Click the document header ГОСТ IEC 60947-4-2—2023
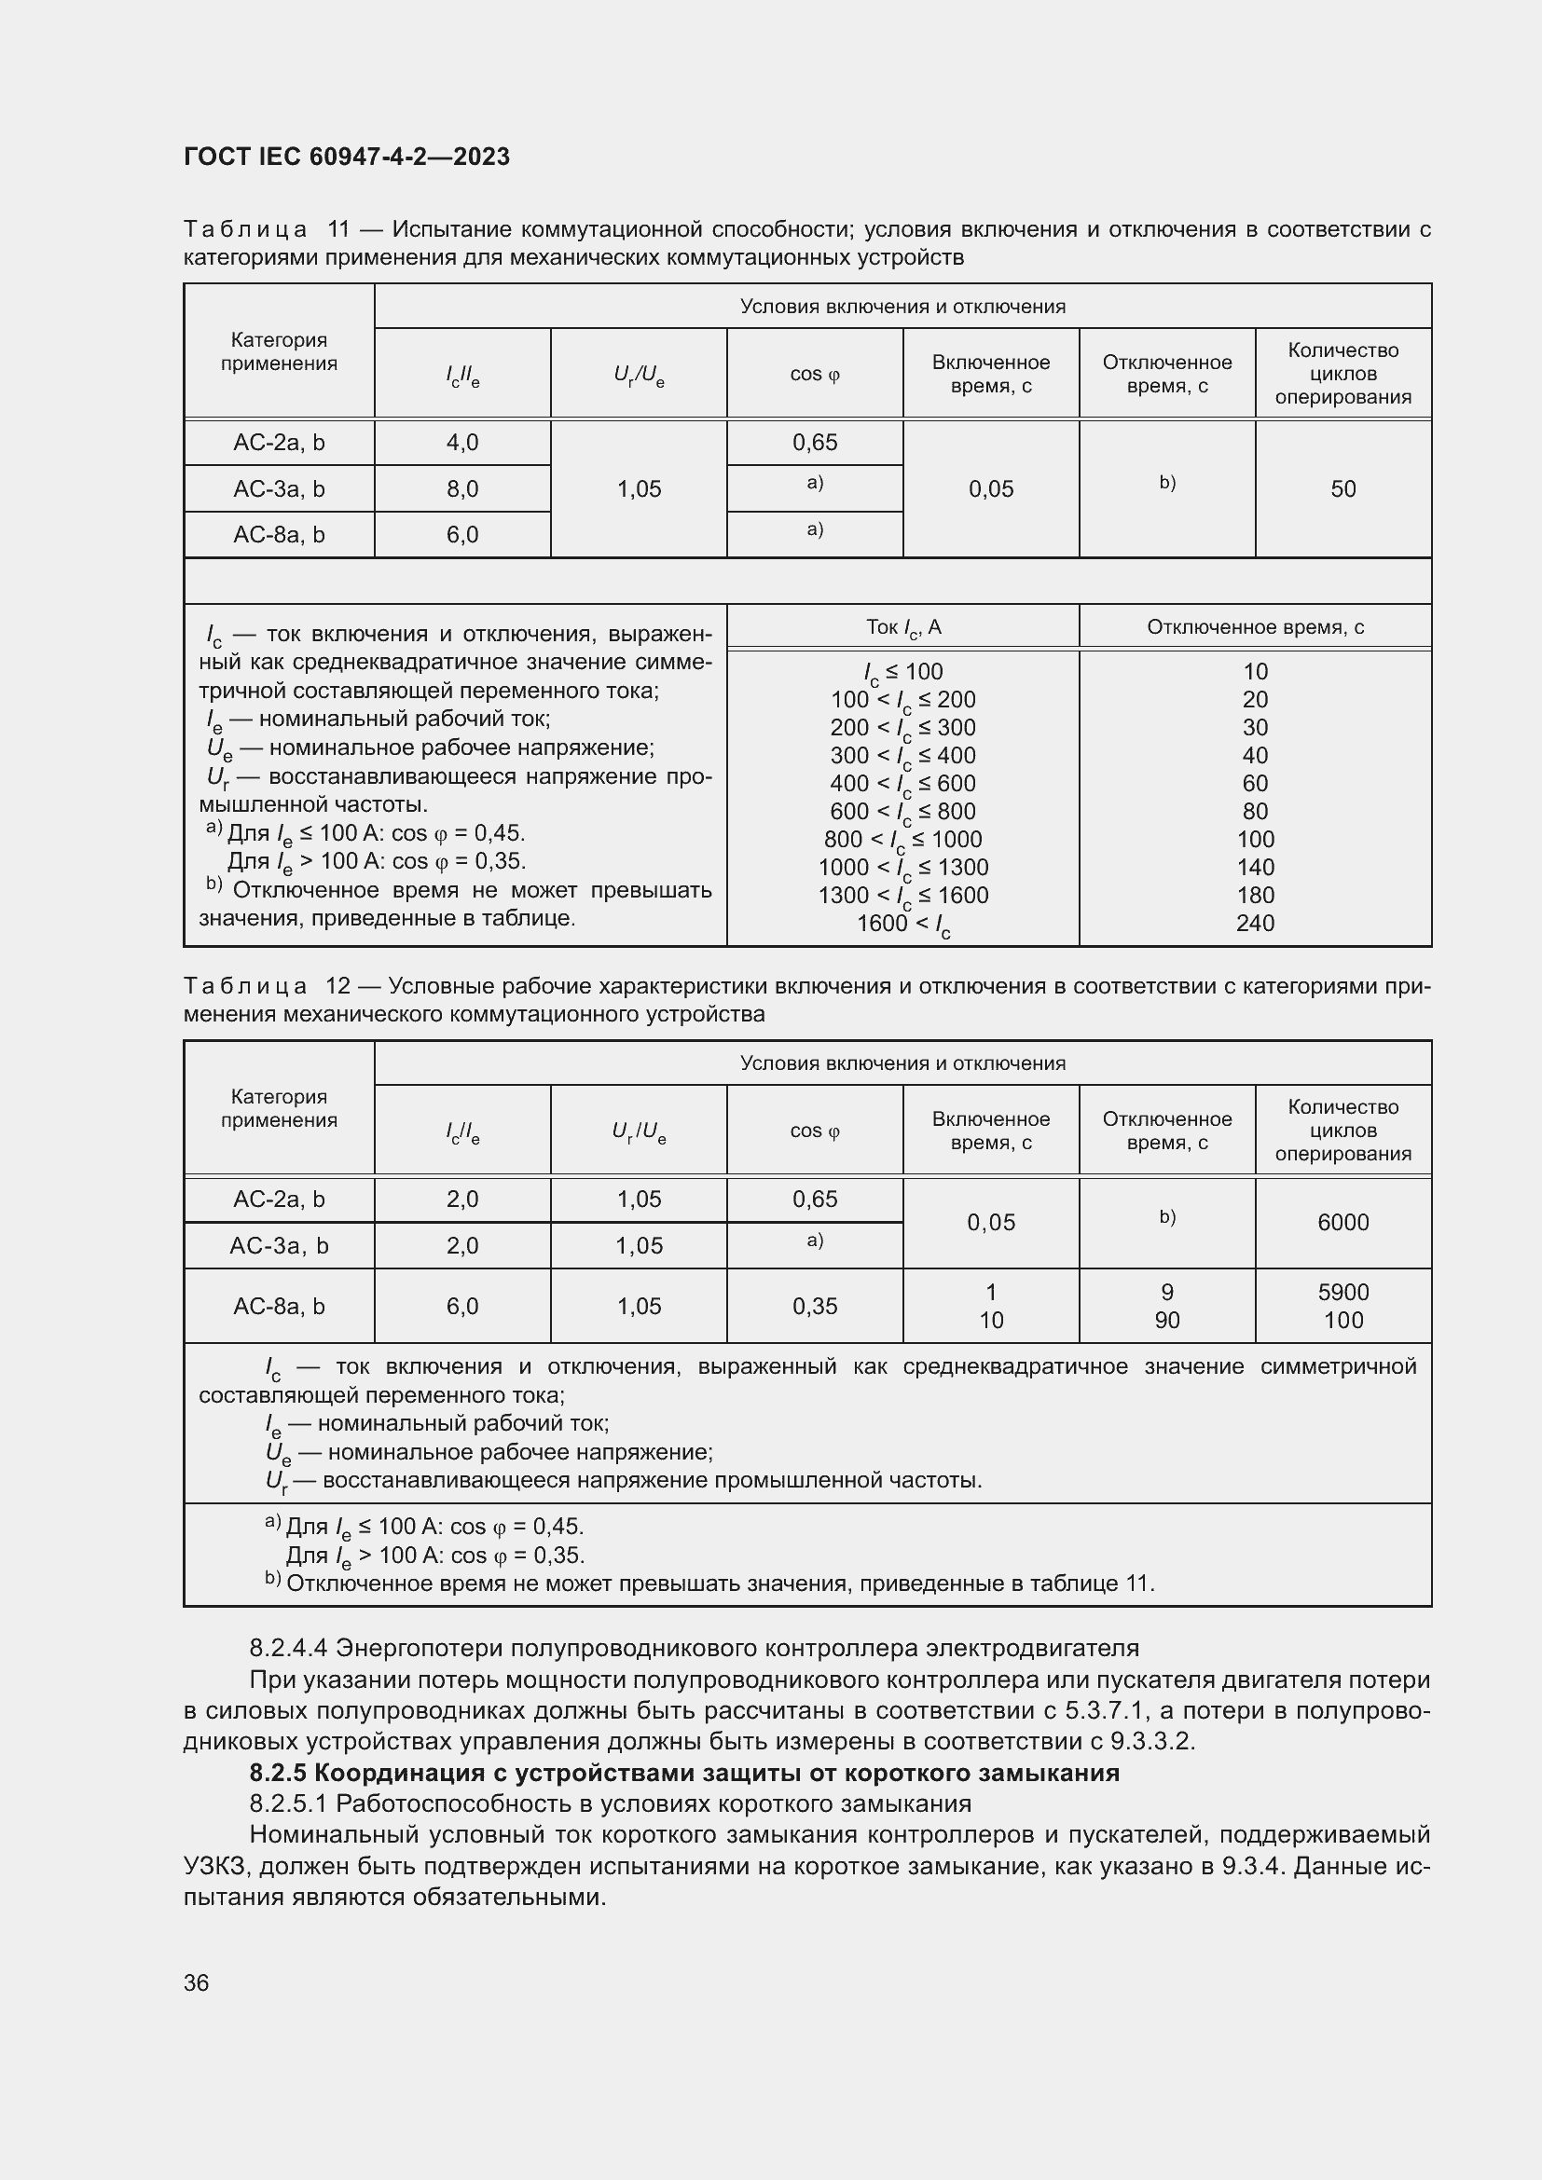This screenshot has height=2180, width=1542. (347, 157)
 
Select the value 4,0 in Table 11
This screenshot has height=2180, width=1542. (462, 443)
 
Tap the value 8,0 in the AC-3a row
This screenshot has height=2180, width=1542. (462, 489)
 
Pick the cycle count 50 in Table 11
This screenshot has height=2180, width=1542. (1342, 489)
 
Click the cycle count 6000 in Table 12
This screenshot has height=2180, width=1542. (1342, 1222)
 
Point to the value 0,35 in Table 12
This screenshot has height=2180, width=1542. (815, 1306)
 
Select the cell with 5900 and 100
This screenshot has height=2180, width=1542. (1342, 1306)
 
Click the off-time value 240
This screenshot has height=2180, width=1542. (1254, 923)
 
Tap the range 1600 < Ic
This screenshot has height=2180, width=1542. (903, 924)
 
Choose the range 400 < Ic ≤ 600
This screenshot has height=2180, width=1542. (903, 783)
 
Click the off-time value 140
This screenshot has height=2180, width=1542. (1254, 867)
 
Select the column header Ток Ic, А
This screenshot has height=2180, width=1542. (903, 626)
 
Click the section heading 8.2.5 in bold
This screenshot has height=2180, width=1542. (683, 1773)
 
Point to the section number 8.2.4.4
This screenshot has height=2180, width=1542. (289, 1647)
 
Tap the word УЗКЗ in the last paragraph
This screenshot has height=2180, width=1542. (215, 1866)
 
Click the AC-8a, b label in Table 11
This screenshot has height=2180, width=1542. (279, 535)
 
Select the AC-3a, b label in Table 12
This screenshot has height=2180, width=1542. (279, 1245)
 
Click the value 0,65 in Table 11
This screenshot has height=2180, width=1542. (815, 443)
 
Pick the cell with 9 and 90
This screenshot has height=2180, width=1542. (1167, 1306)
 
